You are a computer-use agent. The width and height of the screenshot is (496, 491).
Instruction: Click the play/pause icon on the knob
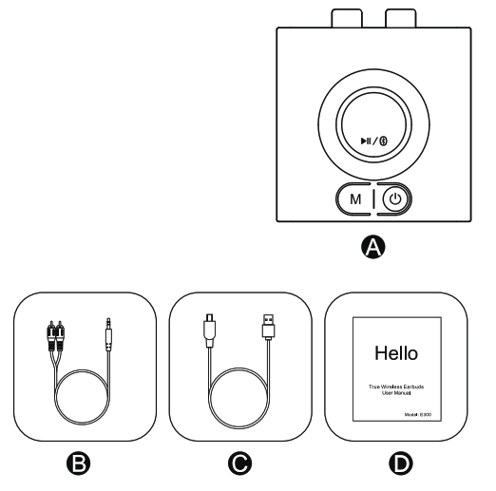point(363,142)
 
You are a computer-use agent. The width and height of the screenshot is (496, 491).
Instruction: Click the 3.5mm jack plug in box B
point(108,332)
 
